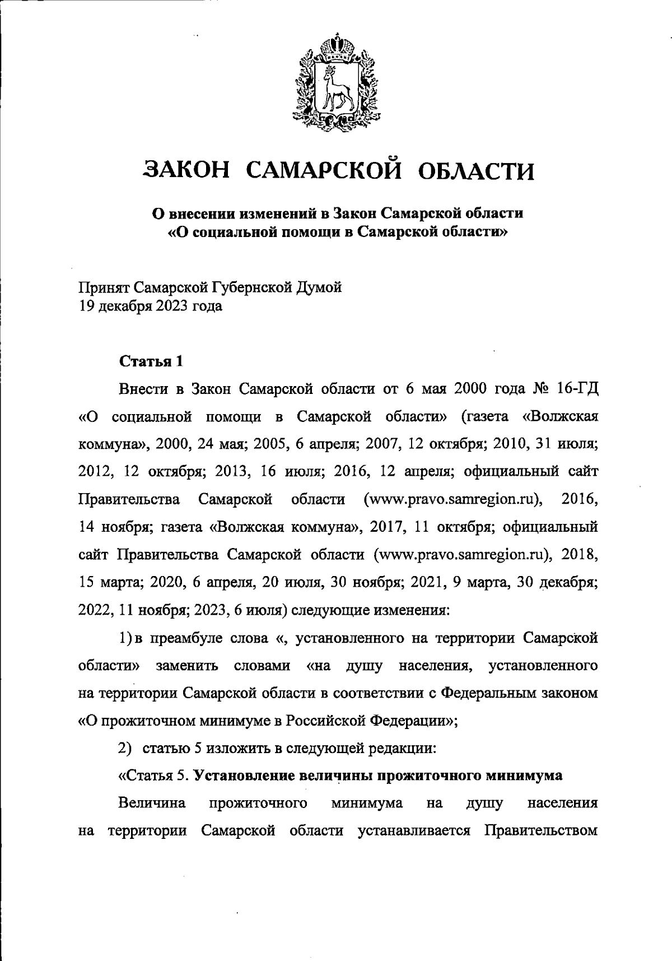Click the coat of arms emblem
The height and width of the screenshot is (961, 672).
click(x=334, y=80)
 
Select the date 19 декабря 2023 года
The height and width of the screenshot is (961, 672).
click(x=150, y=306)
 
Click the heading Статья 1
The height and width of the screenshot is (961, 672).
click(x=151, y=361)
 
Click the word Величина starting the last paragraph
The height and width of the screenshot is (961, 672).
click(x=152, y=804)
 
